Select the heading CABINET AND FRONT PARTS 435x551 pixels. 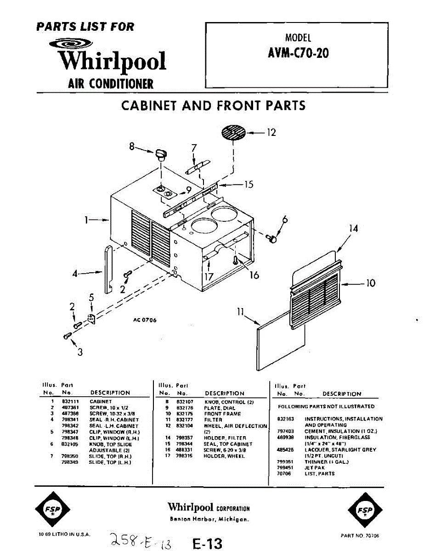pos(213,106)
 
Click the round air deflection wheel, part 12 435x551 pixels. pos(233,133)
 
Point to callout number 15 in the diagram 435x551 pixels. pos(248,185)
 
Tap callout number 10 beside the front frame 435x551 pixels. pos(370,283)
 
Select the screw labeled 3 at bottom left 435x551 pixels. pos(67,337)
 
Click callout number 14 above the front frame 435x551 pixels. pos(353,228)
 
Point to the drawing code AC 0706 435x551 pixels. pos(145,320)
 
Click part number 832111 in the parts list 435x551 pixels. pos(68,401)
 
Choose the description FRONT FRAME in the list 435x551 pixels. pos(222,414)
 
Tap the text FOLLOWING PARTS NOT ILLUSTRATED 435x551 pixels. pos(326,406)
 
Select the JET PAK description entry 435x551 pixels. pos(315,467)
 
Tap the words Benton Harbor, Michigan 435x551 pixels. pos(209,519)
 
